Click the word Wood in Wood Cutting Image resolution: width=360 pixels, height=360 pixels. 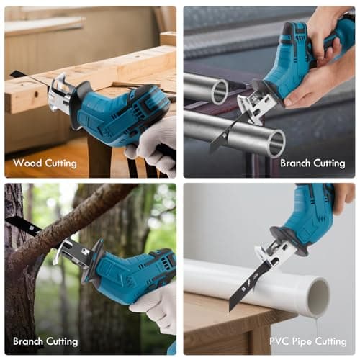point(27,163)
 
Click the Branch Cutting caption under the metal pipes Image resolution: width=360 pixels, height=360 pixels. point(312,163)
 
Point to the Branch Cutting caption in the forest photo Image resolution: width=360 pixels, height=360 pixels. point(45,341)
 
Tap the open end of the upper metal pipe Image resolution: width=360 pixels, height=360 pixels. point(220,91)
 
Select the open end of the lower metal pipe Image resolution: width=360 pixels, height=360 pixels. point(276,143)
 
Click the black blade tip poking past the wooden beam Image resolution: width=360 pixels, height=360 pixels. point(17,74)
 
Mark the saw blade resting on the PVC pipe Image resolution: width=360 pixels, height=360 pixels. point(252,286)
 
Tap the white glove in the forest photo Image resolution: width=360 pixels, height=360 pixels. point(157,310)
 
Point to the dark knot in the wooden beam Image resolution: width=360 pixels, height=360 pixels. point(36,94)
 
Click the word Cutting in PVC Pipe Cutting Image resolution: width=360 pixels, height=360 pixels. point(331,341)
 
